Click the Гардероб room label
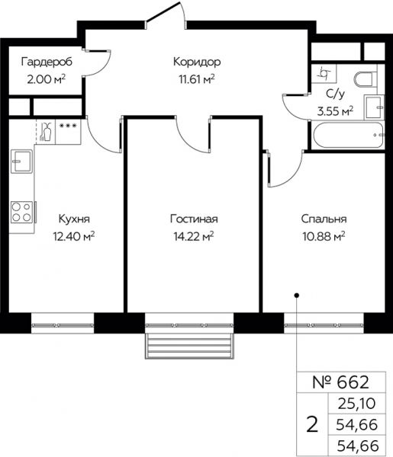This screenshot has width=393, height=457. [47, 62]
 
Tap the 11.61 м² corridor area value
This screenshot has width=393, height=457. [197, 78]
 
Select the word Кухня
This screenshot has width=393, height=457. [74, 219]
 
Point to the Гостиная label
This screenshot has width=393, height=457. [194, 219]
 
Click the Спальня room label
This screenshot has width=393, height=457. [324, 219]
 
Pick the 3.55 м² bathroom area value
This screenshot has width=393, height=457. [335, 111]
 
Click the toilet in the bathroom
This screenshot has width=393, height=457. [366, 78]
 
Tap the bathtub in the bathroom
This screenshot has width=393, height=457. [348, 136]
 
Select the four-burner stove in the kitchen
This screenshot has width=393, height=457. [22, 213]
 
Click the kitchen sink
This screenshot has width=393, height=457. [21, 161]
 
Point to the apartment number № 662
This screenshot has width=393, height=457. [341, 382]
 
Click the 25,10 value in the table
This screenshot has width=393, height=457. [356, 404]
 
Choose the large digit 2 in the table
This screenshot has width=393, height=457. [312, 425]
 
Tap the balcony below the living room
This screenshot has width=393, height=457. [190, 346]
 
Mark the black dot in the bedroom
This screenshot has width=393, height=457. [297, 296]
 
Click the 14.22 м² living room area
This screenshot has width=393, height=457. [194, 236]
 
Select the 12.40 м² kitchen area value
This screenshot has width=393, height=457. [74, 236]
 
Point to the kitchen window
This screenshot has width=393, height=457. [63, 324]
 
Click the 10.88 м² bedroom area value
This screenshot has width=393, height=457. [324, 236]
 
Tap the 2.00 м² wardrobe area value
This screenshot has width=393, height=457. [46, 79]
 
